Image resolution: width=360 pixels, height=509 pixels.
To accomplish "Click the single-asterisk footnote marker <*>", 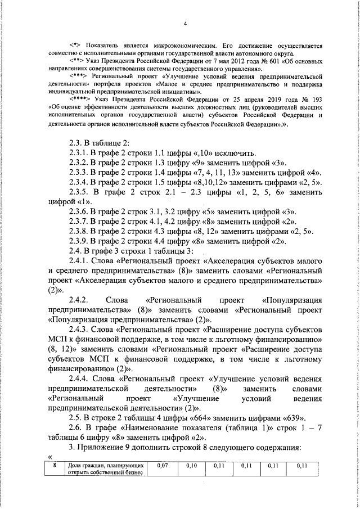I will pos(75,45).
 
